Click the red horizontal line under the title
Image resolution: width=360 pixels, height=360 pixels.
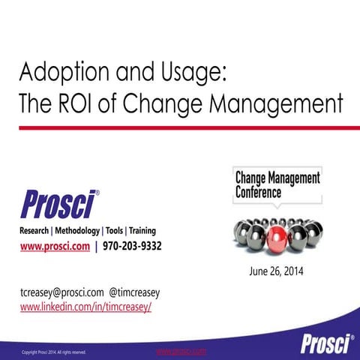180,128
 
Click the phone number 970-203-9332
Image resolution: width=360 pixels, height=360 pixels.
133,246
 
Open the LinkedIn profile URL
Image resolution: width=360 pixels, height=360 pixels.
85,307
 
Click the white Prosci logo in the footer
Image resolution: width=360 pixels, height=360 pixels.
327,343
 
